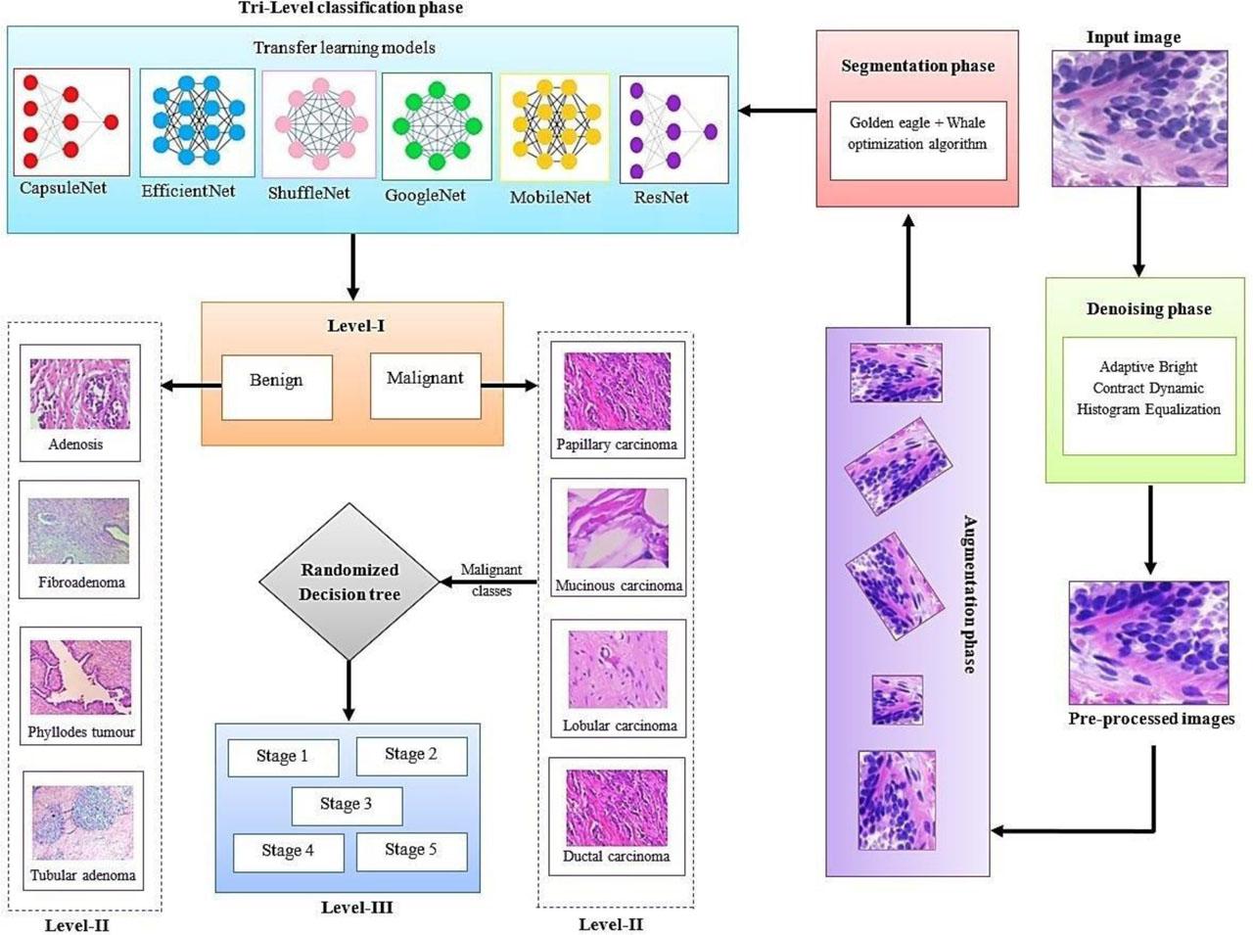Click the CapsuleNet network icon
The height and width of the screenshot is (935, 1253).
click(70, 121)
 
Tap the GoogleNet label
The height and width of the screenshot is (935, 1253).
click(425, 195)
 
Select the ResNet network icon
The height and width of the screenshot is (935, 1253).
click(673, 129)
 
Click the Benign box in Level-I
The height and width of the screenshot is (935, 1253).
click(276, 386)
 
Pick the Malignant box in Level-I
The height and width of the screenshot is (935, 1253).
click(425, 384)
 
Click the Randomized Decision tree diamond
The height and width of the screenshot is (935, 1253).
click(349, 582)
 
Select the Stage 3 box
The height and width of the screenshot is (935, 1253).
click(346, 804)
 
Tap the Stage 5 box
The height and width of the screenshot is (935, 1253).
click(410, 850)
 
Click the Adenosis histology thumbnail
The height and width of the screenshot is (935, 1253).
click(80, 394)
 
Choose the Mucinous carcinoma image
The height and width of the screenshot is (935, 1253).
click(618, 530)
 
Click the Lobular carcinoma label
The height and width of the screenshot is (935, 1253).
click(620, 725)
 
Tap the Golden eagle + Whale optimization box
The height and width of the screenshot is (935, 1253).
click(917, 140)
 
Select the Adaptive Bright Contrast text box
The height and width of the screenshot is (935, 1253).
click(1148, 395)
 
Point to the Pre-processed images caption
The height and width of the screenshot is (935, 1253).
click(1151, 719)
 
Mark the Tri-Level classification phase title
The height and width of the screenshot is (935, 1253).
click(350, 8)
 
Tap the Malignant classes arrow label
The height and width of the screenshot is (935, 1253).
click(491, 580)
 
